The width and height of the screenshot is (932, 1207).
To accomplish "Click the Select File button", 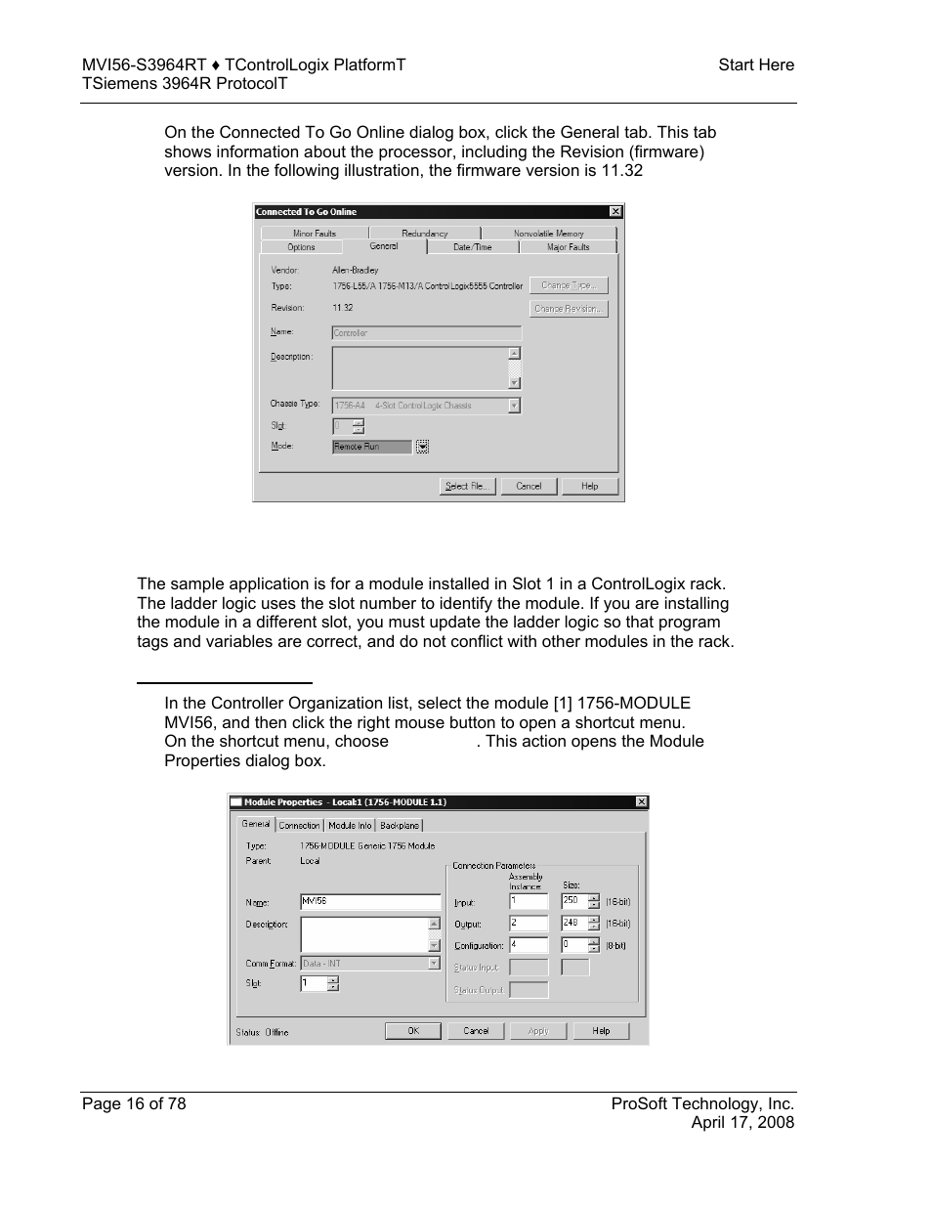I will pos(468,486).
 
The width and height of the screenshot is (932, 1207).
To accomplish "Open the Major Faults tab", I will pos(568,247).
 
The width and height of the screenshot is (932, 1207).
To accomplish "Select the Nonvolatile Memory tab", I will pos(548,234).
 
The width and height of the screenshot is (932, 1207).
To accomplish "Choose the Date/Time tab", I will pos(472,247).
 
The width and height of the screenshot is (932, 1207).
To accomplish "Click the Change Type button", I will pos(569,285).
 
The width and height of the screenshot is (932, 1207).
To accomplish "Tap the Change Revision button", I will pos(569,309).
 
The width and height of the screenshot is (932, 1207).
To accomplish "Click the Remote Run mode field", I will pos(371,447).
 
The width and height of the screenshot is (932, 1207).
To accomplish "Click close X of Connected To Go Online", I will pos(614,211).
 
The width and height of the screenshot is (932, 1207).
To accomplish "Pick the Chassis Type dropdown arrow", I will pos(514,406).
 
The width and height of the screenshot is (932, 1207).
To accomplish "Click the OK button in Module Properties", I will pos(412,1031).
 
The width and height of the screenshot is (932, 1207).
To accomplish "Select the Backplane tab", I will pos(400,826).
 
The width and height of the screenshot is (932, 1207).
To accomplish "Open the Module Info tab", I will pos(349,826).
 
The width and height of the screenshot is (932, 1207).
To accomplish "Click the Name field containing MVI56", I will pos(369,902).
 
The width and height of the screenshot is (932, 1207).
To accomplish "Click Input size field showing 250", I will pos(573,901).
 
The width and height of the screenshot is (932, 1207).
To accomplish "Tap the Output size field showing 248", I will pos(573,923).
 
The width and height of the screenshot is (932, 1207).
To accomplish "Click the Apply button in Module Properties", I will pos(538,1031).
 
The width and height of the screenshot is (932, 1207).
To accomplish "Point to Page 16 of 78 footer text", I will pos(134,1103).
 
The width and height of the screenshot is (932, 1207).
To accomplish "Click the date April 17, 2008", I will pos(742,1122).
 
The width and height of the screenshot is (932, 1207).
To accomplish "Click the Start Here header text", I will pos(755,65).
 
